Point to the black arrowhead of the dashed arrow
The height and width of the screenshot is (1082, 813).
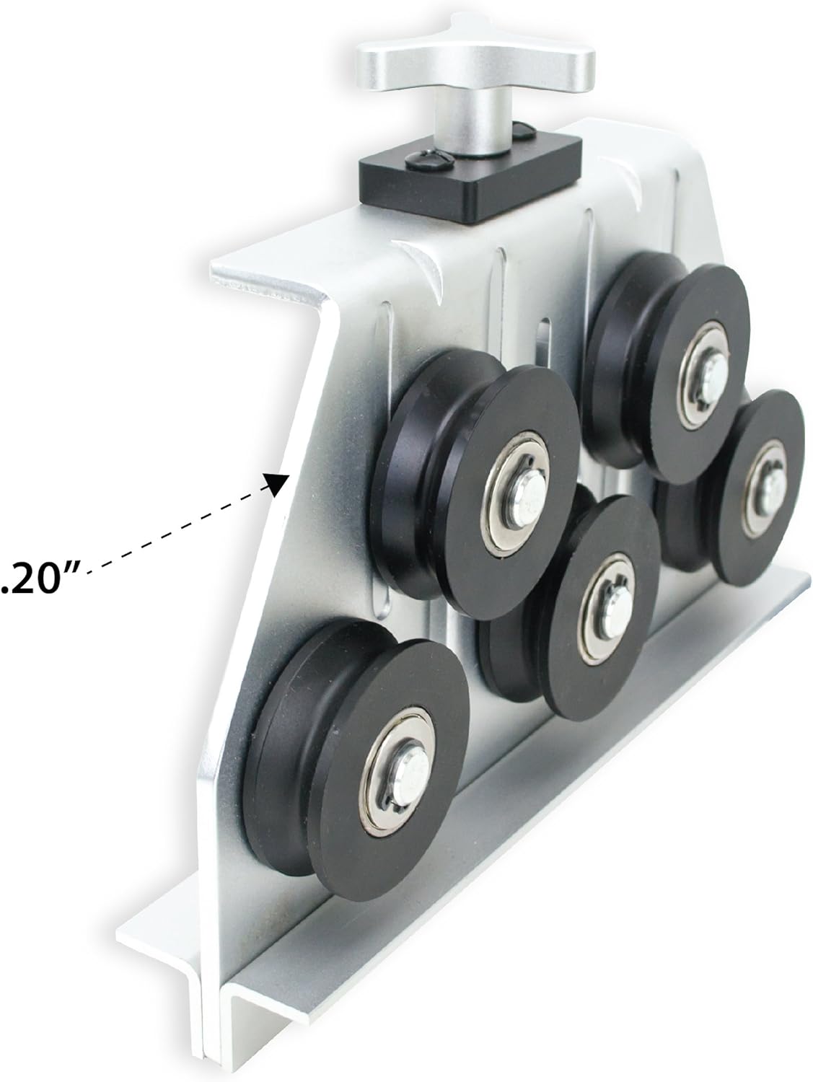[x=277, y=483]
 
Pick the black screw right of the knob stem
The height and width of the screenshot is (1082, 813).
[x=524, y=130]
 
